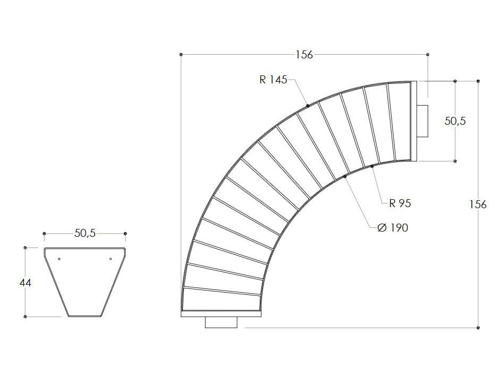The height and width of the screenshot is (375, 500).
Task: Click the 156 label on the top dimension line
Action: (x=304, y=55)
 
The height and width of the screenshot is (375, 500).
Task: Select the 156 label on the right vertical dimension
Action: (x=478, y=204)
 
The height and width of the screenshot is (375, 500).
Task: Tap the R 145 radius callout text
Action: (x=273, y=80)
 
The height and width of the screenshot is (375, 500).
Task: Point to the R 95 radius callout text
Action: (x=400, y=203)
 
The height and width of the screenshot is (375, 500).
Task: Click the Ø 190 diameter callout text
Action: (x=392, y=227)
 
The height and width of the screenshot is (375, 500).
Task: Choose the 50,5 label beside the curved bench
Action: (x=455, y=121)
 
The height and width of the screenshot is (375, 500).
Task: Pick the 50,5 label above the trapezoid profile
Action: (x=85, y=233)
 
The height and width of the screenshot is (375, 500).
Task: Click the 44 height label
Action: (x=25, y=283)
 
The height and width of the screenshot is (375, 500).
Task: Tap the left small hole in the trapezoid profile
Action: (x=59, y=259)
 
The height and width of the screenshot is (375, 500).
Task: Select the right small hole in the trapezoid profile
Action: (x=110, y=259)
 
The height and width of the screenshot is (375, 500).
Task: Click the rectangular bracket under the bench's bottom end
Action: (x=221, y=322)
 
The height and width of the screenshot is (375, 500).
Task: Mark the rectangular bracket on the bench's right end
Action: (x=423, y=121)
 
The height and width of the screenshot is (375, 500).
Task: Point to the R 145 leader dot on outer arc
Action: (x=308, y=106)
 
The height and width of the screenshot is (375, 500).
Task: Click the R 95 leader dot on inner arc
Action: (x=372, y=167)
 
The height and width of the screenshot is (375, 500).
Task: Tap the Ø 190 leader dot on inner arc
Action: (x=345, y=176)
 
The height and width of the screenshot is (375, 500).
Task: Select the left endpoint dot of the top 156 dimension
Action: (x=182, y=54)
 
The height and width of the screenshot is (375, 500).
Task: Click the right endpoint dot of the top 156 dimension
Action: (x=428, y=54)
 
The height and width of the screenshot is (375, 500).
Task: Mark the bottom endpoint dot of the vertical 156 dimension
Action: (x=479, y=328)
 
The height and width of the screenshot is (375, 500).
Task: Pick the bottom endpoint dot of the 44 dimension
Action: (x=25, y=317)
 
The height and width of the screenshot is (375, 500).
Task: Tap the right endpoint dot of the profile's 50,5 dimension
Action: (x=125, y=234)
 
